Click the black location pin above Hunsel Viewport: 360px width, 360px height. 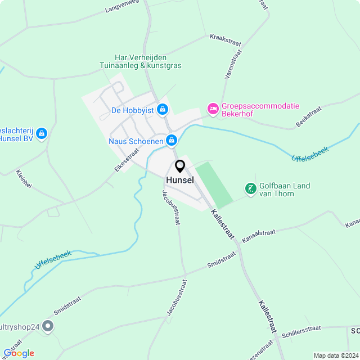[x=180, y=166]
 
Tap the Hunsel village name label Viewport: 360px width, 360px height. [x=180, y=180]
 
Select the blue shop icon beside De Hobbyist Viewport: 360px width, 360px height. [x=163, y=109]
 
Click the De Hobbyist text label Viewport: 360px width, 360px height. [x=133, y=110]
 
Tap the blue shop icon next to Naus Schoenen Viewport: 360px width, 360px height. [x=172, y=141]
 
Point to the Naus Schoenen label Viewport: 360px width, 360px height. [x=136, y=141]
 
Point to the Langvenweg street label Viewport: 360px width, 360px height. [x=122, y=7]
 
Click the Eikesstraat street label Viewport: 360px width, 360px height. [x=127, y=160]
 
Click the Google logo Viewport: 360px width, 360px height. [x=19, y=353]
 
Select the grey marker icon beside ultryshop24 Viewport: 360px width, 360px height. [x=48, y=326]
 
